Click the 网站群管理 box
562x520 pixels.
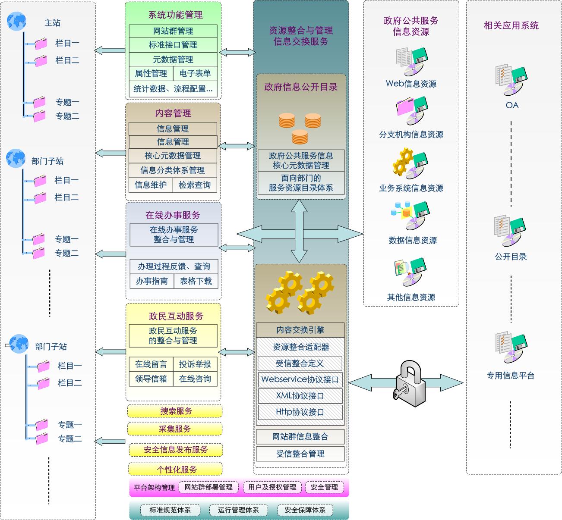(x=173, y=31)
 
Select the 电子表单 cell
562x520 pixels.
(x=195, y=74)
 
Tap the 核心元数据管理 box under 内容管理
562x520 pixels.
(x=173, y=156)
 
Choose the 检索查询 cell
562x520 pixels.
(x=195, y=185)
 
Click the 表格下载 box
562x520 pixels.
(x=196, y=281)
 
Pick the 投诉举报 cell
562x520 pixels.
(x=195, y=364)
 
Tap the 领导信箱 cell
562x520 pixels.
(x=151, y=379)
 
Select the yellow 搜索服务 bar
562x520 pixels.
(x=175, y=411)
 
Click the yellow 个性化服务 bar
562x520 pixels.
(x=175, y=470)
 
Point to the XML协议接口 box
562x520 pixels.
(x=300, y=395)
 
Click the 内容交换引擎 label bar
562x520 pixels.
(x=300, y=330)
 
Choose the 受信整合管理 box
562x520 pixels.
(x=300, y=454)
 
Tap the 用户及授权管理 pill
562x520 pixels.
(x=272, y=487)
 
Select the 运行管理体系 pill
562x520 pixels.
(x=238, y=510)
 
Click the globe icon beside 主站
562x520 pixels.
(x=17, y=21)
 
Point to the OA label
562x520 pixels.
(x=512, y=105)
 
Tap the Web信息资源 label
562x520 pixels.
(x=411, y=84)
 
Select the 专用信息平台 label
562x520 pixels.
(x=511, y=376)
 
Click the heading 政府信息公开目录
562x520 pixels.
(x=301, y=87)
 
